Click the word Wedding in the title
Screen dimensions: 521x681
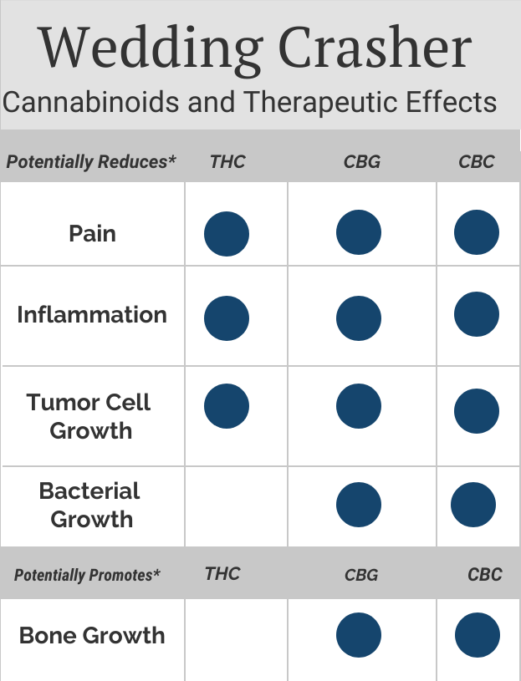(x=151, y=48)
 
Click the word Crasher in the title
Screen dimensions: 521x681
(x=375, y=47)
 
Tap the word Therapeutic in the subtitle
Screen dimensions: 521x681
(x=319, y=103)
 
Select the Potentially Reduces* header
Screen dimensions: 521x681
(x=91, y=162)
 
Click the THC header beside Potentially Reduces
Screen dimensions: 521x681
(x=227, y=162)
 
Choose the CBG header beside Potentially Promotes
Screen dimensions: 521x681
(x=361, y=575)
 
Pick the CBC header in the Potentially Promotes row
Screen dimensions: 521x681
(x=484, y=575)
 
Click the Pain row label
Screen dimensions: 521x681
(x=93, y=233)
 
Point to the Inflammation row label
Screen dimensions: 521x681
(x=92, y=314)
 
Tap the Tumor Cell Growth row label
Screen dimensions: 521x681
(x=89, y=416)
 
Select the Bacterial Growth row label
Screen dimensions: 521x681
(x=90, y=505)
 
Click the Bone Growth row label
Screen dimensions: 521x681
(x=92, y=635)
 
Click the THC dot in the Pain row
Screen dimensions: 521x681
(x=227, y=234)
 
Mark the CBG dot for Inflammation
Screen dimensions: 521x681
(x=359, y=318)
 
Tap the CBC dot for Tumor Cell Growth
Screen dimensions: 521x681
(x=477, y=411)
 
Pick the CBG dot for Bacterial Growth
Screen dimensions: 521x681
(x=359, y=505)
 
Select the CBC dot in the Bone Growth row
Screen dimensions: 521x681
(x=478, y=635)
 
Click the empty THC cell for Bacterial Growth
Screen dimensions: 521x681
(x=236, y=506)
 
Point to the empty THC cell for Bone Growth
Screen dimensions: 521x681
(x=236, y=640)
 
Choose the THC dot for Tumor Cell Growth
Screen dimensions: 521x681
(x=227, y=406)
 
